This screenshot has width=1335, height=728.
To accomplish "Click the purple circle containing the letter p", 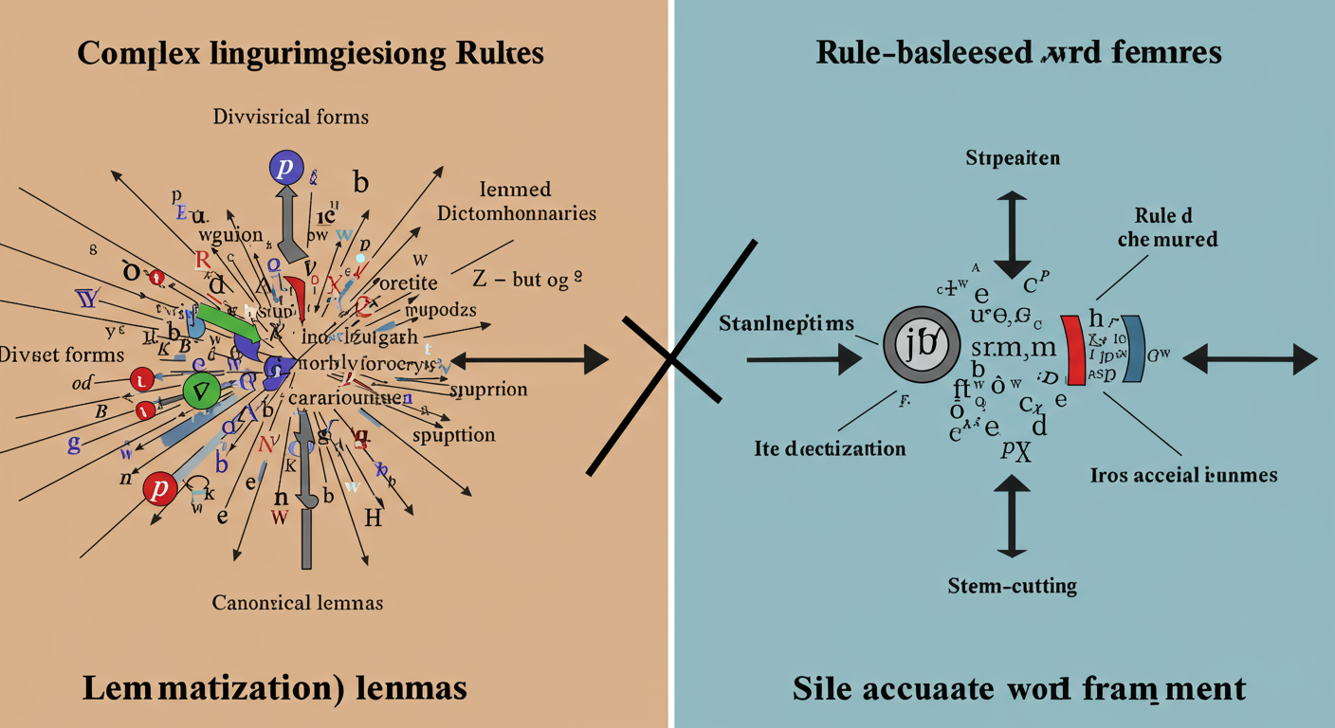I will [284, 168].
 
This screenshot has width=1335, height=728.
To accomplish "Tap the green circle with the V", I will [201, 391].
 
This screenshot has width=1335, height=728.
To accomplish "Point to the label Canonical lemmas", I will [298, 602].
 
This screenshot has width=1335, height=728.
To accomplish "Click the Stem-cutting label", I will [1012, 586].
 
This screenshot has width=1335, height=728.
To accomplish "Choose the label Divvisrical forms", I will [290, 118].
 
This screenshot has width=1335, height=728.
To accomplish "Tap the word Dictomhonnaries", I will [517, 213].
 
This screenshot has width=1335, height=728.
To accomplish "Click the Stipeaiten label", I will [1013, 157].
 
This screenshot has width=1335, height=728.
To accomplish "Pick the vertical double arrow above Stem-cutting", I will [1012, 516].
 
